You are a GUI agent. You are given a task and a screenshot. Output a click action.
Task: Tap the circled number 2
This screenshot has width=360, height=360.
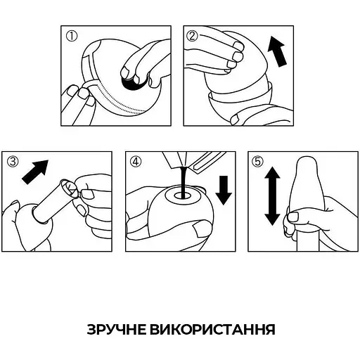tap(193, 36)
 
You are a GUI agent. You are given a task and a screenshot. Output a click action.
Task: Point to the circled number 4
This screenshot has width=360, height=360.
tap(136, 161)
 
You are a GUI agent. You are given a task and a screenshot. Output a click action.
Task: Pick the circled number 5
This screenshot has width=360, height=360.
tap(257, 161)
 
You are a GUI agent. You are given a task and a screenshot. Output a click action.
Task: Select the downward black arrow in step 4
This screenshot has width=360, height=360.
tap(224, 189)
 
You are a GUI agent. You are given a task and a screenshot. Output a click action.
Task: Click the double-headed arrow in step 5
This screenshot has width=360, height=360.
tap(271, 200)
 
